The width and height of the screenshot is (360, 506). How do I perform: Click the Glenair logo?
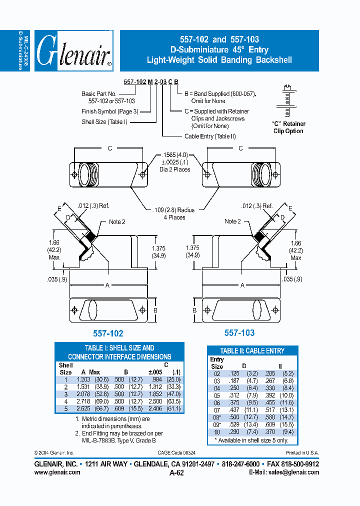72,51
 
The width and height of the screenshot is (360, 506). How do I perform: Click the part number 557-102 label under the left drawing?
108,333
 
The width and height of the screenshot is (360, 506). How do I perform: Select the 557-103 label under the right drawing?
239,332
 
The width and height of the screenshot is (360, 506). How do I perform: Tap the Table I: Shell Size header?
119,352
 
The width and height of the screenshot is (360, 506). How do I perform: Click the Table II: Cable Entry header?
252,351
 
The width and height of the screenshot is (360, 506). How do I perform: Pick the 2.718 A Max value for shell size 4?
83,401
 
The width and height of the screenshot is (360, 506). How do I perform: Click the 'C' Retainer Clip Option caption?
288,127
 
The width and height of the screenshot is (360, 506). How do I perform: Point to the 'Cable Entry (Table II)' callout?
210,136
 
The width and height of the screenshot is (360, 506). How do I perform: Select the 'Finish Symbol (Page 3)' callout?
109,111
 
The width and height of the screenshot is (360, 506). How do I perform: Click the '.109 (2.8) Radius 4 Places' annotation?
173,213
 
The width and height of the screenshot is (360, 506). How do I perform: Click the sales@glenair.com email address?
296,472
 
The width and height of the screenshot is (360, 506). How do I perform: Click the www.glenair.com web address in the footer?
57,472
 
